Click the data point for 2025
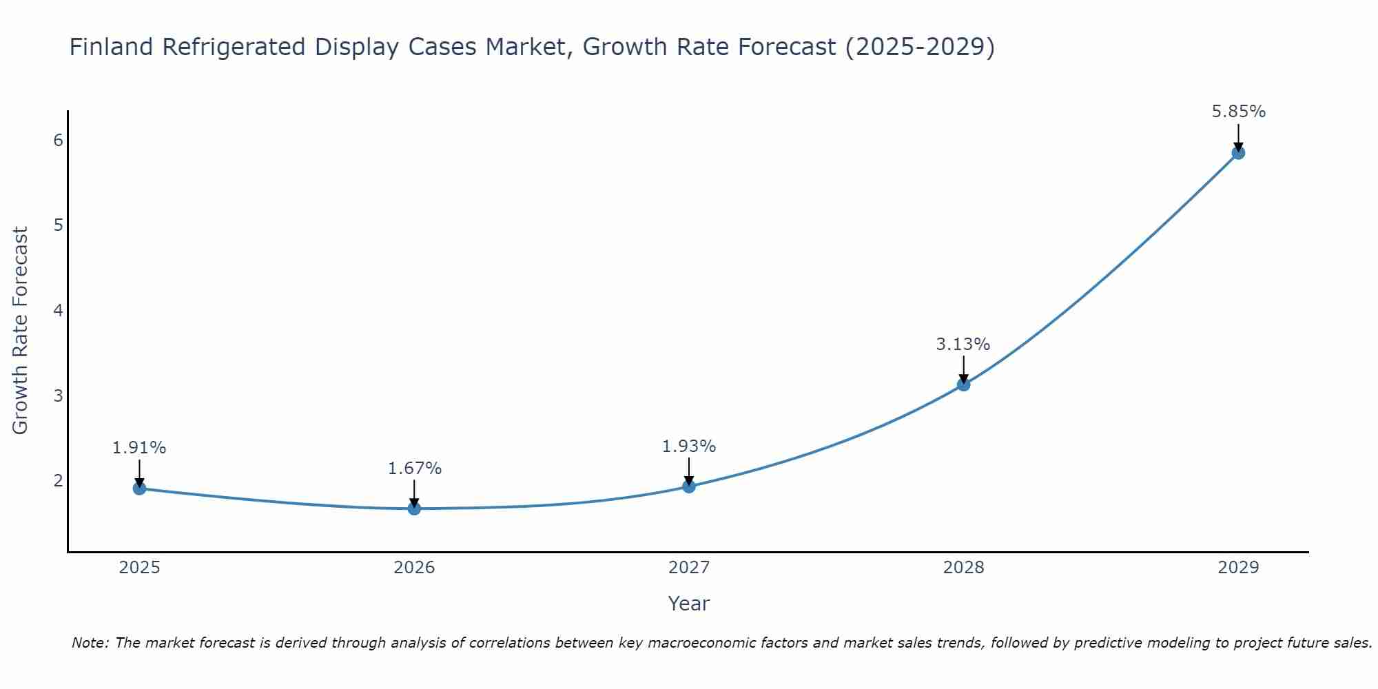tap(139, 489)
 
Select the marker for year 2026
tap(414, 508)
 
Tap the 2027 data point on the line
tap(689, 486)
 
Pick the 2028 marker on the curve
tap(963, 384)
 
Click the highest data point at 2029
tap(1238, 153)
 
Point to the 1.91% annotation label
tap(139, 448)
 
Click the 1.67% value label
tap(414, 469)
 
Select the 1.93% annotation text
tap(689, 446)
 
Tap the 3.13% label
tap(963, 344)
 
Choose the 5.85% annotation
tap(1238, 112)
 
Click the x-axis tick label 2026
tap(414, 568)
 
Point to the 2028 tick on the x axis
tap(963, 568)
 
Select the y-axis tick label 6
tap(59, 141)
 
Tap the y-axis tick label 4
tap(59, 310)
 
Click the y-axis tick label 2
tap(59, 480)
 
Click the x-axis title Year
tap(688, 604)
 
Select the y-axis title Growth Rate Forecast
tap(21, 331)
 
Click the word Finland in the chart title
tap(110, 47)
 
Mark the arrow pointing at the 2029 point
tap(1238, 136)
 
